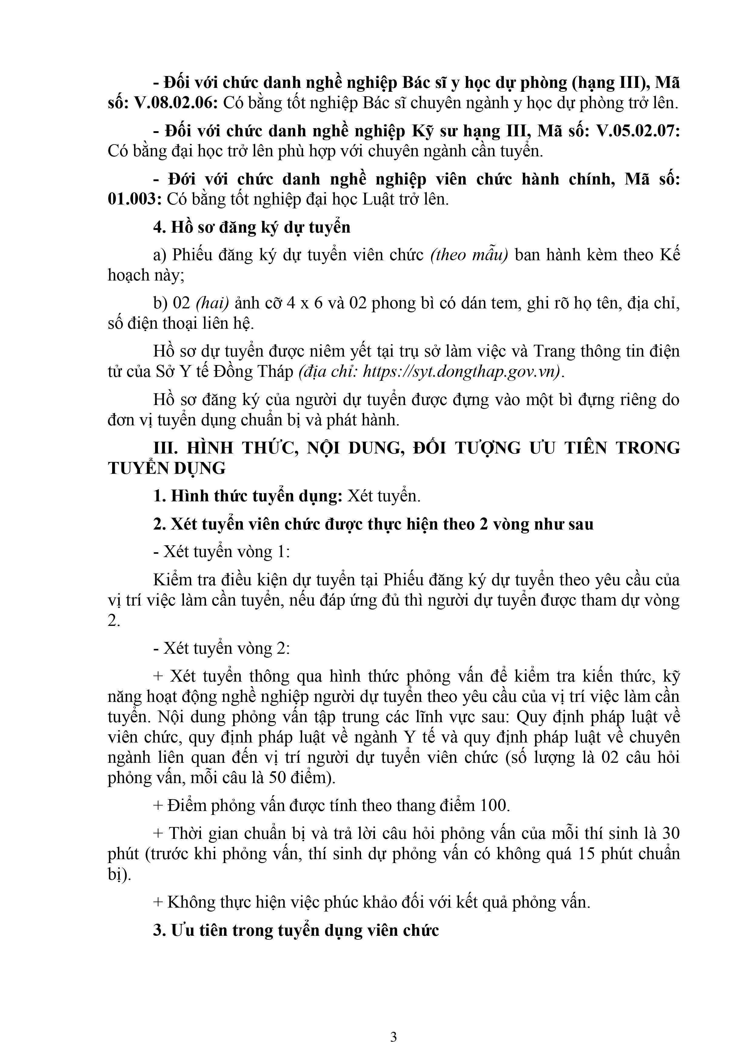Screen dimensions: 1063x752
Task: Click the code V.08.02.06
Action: (175, 103)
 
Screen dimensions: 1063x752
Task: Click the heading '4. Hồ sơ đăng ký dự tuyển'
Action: (252, 227)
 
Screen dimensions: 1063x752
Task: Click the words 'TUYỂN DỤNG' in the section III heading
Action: (167, 469)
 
